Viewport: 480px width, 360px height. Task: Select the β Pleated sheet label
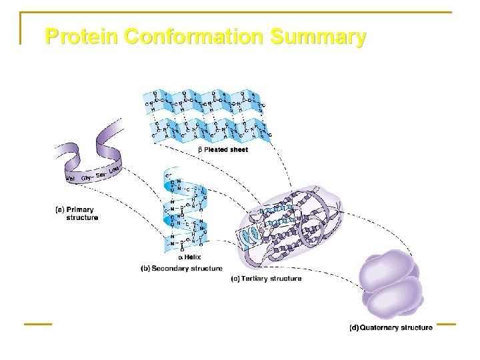tap(223, 150)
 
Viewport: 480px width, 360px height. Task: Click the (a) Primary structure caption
tap(76, 213)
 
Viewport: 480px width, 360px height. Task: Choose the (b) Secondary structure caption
tap(181, 268)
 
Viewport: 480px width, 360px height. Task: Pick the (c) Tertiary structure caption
tap(266, 279)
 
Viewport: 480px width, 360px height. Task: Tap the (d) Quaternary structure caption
tap(391, 327)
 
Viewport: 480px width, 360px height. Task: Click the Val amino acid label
tap(70, 178)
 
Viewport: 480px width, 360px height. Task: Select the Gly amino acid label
tap(86, 178)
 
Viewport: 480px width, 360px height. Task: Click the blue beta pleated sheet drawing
tap(207, 115)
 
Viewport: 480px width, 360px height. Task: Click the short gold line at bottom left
tap(38, 325)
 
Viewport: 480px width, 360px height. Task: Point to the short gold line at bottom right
tap(446, 325)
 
